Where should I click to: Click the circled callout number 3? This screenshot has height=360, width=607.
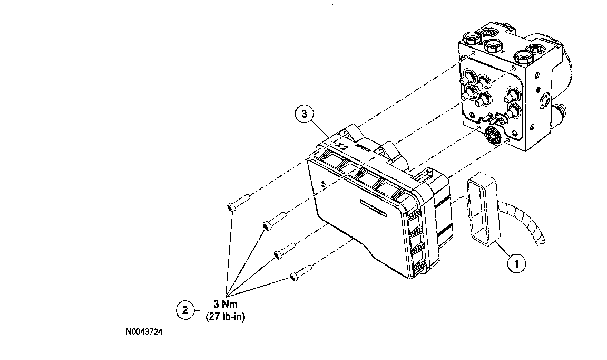tap(305, 114)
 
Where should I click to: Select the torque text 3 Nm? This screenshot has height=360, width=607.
tap(225, 305)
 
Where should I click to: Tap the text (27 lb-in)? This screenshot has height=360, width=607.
tap(225, 317)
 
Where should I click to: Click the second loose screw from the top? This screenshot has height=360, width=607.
tap(275, 219)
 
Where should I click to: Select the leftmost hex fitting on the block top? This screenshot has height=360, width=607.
tap(471, 39)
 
